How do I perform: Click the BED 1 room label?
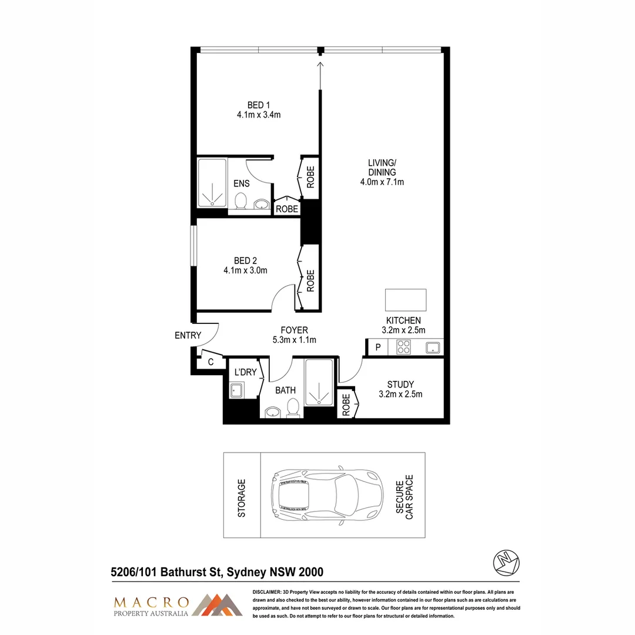click(255, 105)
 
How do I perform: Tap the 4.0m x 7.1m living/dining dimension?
click(382, 182)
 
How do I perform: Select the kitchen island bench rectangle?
click(406, 300)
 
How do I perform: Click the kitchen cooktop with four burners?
click(405, 347)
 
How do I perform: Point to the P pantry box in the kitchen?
click(378, 347)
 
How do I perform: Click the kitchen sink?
click(433, 347)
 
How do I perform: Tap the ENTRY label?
click(188, 336)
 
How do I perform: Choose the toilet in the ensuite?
click(240, 202)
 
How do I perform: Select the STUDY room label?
click(400, 385)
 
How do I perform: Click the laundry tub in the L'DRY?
click(237, 390)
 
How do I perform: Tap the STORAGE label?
click(241, 497)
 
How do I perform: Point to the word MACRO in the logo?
click(151, 602)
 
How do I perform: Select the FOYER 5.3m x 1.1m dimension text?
click(294, 340)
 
